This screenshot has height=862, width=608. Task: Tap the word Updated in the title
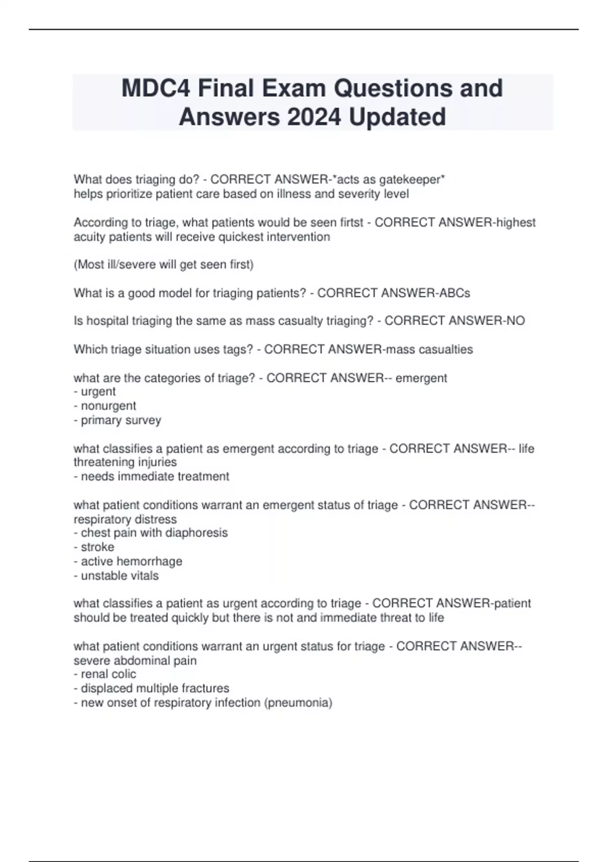(397, 117)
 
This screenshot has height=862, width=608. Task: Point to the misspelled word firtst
(352, 223)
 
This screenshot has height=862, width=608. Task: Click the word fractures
(205, 689)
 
